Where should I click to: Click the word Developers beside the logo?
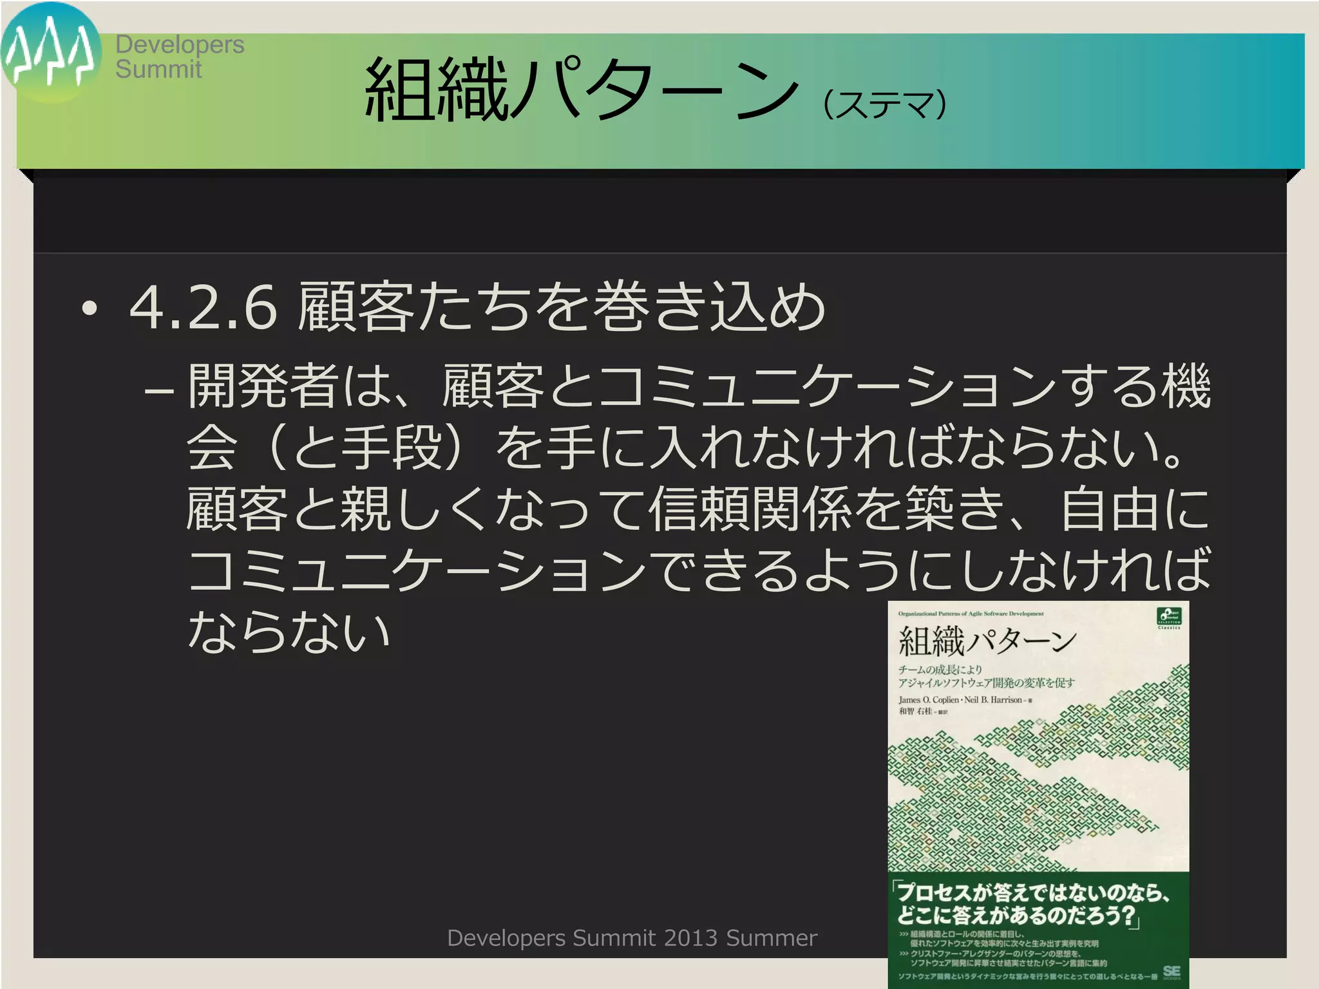[180, 44]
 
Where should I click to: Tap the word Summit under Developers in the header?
[158, 70]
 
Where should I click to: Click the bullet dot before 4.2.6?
[90, 309]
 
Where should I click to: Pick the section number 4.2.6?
[204, 308]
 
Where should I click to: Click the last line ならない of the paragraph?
[289, 631]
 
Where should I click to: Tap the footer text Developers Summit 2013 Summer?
[632, 938]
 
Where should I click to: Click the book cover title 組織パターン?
[987, 641]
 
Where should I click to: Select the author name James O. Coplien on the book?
[928, 700]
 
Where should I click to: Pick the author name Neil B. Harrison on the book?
[993, 700]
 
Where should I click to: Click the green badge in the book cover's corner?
[1169, 616]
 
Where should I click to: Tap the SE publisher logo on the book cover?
[1172, 972]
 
